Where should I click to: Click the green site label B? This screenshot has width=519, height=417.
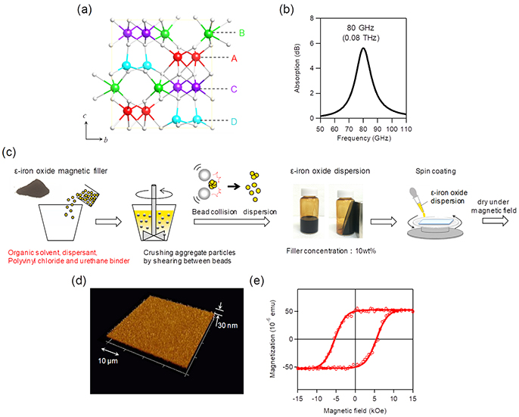242,33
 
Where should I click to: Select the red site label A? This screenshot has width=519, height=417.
234,58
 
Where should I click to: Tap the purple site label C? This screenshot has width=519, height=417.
234,89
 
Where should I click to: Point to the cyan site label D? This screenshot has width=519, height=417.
234,122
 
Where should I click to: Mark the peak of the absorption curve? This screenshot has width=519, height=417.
363,48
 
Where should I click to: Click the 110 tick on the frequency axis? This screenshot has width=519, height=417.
406,129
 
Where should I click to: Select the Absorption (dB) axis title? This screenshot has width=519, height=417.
297,68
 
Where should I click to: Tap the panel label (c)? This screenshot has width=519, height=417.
9,152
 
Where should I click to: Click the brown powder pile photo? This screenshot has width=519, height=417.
33,187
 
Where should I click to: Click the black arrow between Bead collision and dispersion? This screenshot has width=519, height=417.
234,186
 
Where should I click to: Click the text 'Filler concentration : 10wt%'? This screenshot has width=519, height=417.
331,251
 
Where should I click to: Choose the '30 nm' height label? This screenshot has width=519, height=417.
228,325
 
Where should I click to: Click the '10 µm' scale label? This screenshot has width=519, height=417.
107,361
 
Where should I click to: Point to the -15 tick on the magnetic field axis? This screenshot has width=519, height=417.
298,398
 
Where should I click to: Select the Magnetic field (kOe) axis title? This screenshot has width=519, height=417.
355,411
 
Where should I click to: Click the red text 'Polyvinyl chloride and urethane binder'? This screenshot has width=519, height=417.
69,261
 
